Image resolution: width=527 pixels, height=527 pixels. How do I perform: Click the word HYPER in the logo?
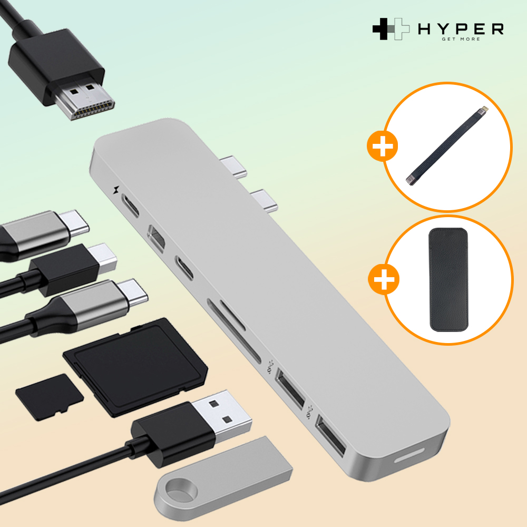461,29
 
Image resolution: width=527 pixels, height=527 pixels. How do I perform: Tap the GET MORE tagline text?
461,39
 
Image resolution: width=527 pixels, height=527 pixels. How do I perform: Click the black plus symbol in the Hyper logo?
384,29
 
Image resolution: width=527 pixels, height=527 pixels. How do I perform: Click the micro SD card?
50,397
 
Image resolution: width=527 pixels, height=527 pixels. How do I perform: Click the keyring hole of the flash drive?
178,489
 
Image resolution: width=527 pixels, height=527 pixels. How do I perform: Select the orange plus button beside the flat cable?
383,146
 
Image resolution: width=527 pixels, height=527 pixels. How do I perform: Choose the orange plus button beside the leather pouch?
384,279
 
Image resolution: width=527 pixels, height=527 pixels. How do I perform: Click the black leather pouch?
448,280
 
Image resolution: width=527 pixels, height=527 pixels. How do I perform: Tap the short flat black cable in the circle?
446,146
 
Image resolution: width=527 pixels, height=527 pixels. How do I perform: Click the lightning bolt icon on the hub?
116,190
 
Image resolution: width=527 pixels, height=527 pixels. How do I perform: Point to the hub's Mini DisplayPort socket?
156,238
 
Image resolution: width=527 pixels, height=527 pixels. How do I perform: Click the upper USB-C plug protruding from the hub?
233,166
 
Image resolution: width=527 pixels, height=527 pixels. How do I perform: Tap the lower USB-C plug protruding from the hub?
264,201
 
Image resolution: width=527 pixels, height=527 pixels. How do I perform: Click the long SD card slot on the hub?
233,331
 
